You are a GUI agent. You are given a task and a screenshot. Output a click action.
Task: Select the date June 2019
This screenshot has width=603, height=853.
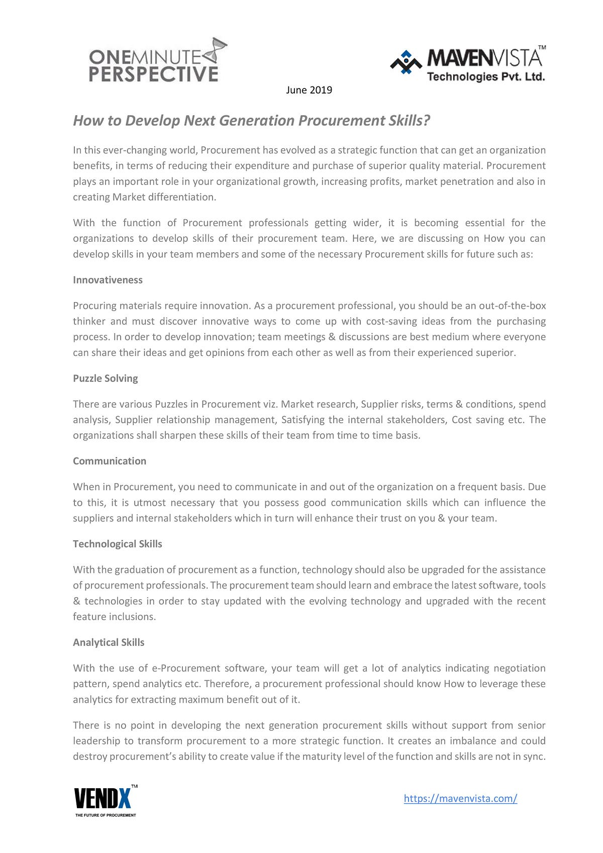click(309, 90)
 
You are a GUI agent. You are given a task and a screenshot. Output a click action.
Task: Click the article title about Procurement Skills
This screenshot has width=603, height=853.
click(252, 121)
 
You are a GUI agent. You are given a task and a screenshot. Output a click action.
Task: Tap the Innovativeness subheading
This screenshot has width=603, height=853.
click(108, 280)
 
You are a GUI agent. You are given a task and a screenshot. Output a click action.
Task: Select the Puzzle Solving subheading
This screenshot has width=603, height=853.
click(105, 378)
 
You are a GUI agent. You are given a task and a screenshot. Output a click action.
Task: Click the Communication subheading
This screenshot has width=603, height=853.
click(110, 461)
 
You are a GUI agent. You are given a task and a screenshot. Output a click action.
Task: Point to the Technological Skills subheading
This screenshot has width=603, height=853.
click(118, 544)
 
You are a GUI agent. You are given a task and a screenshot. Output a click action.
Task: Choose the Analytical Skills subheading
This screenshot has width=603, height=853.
click(109, 642)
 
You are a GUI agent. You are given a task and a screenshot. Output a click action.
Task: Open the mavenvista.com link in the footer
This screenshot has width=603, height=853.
click(460, 799)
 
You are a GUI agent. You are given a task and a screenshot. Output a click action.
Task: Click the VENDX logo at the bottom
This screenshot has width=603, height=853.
click(104, 798)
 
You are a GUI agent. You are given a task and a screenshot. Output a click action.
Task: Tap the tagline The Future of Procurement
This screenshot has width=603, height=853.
click(106, 815)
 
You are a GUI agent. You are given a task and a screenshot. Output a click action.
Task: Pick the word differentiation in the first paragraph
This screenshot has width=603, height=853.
click(186, 197)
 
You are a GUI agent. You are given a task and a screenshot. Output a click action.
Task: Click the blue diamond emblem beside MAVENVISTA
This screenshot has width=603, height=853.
click(406, 62)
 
